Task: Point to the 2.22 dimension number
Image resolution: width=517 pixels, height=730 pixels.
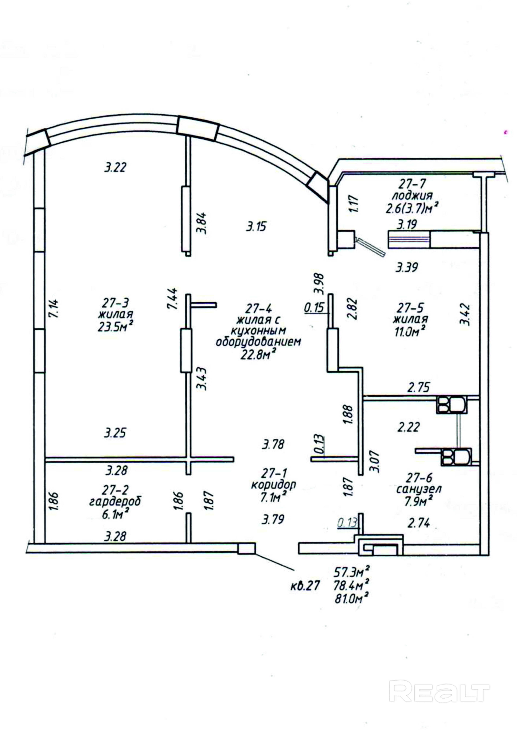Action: [x=408, y=427]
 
